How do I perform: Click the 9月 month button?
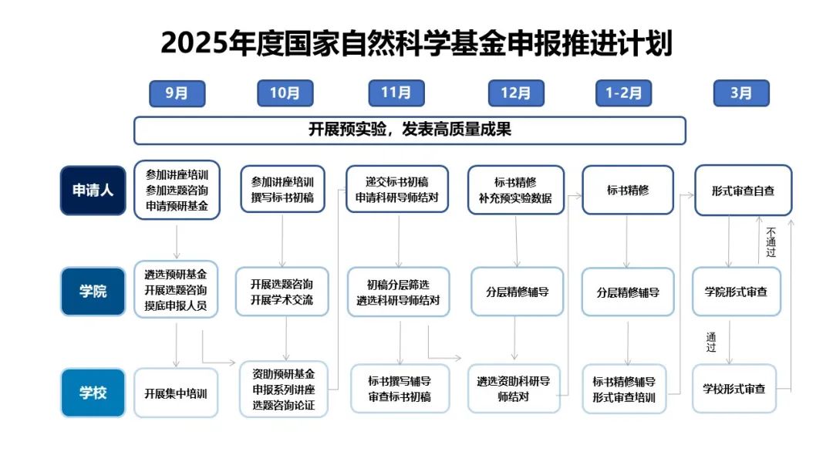177,93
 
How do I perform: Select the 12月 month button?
516,93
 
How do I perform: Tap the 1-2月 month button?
624,93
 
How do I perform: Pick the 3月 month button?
741,93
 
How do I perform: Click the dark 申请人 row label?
93,191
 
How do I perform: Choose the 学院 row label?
93,291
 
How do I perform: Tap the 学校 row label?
93,393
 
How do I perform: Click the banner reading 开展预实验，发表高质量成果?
410,130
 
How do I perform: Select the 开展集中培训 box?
176,393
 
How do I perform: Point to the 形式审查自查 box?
744,191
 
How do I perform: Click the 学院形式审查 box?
737,292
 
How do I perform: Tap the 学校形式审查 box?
734,389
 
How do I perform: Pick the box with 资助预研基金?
284,390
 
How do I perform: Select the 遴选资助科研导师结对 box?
514,389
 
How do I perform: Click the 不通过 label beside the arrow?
771,242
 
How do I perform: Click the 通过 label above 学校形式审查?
711,342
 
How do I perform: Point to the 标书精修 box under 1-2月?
628,191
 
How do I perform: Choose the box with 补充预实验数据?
515,191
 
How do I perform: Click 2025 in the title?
194,43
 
